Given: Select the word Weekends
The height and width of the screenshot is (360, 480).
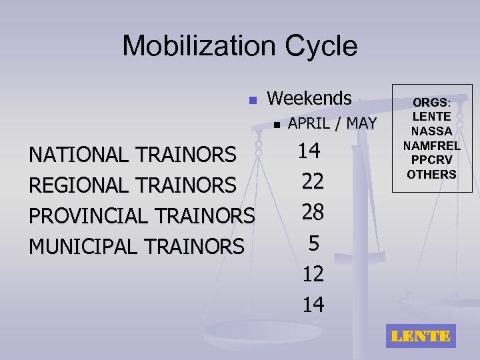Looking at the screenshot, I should [x=309, y=98].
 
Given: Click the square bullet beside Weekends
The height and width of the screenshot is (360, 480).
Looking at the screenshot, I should [x=252, y=101].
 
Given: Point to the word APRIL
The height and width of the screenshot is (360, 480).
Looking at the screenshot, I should [x=313, y=123].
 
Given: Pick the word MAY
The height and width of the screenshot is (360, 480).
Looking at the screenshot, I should [x=362, y=123].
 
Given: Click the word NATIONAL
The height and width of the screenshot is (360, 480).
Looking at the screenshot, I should [x=79, y=155].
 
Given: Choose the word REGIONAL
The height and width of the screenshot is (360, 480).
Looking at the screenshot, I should [x=79, y=185].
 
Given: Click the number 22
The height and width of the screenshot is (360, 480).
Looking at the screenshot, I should [x=313, y=181].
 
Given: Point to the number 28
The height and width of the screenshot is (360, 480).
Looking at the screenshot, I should [x=313, y=212].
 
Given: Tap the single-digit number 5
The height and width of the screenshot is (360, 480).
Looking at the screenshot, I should [x=313, y=243].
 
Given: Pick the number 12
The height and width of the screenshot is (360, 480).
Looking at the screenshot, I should [x=313, y=274].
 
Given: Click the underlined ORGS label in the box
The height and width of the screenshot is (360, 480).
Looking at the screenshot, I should [x=431, y=103].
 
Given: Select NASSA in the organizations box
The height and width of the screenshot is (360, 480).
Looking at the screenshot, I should [x=431, y=131].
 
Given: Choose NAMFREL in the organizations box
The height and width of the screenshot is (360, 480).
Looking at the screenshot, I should [x=431, y=146].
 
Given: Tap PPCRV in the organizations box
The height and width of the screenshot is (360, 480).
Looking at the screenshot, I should [x=431, y=160].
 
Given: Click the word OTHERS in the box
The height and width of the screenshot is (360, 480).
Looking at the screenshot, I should [x=431, y=175].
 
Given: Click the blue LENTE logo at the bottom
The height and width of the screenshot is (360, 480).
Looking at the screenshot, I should [x=420, y=336].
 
